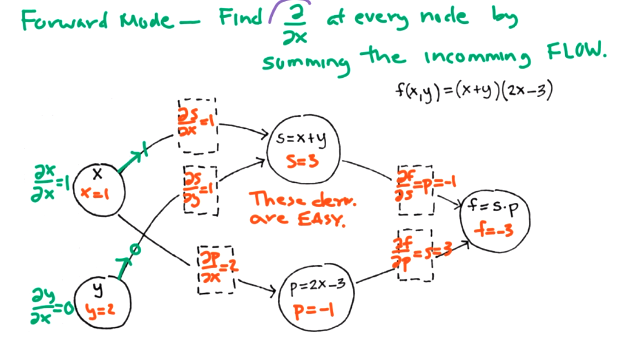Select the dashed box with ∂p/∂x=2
coord(217,268)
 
